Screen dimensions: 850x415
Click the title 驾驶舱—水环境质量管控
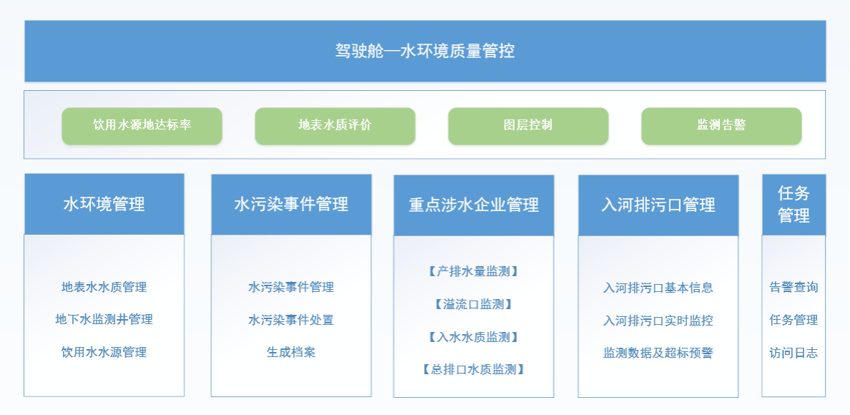425,51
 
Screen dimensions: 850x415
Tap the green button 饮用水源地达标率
142,126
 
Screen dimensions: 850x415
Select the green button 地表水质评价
335,126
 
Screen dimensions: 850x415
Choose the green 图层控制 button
528,126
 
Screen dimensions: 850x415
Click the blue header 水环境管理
104,204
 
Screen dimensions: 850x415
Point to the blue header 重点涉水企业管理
474,205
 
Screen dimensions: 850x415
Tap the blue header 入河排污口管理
658,205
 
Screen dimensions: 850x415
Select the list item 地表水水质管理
104,287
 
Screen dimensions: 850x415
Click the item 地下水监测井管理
104,320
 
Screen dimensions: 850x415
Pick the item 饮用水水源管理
104,352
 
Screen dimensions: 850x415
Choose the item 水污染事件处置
291,320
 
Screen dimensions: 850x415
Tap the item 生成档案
291,353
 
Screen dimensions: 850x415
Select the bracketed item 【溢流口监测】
474,304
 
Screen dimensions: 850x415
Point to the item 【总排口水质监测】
474,370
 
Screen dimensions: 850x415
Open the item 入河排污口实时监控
658,321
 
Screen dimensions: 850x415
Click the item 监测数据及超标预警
658,353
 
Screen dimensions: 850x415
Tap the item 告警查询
794,288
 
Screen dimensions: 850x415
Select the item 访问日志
794,353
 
